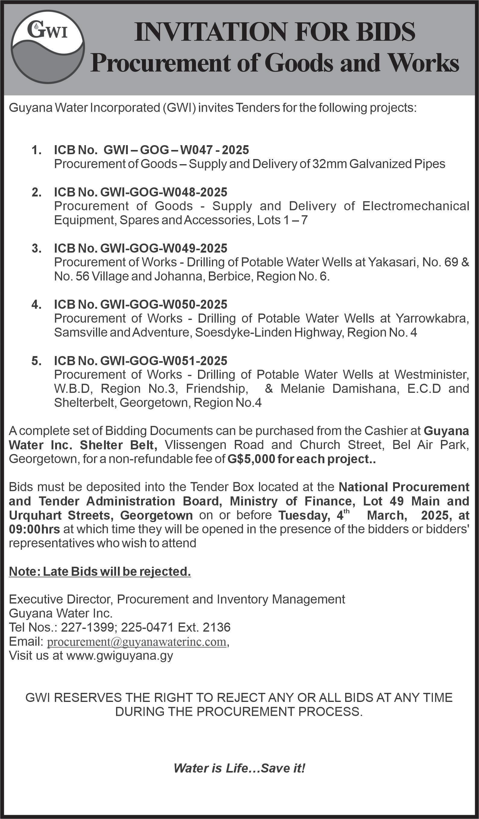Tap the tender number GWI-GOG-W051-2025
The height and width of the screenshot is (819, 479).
[x=164, y=360]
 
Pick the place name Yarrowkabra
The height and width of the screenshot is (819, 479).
[x=432, y=318]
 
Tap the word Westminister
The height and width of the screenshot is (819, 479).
[x=432, y=374]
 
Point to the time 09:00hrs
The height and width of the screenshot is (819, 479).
[x=34, y=529]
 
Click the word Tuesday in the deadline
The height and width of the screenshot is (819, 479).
[x=303, y=515]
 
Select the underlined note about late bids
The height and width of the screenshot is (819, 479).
[x=100, y=571]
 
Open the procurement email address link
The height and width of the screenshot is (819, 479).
[x=137, y=642]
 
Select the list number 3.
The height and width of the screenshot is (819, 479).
[x=36, y=248]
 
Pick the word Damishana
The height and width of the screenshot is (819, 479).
[x=365, y=388]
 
